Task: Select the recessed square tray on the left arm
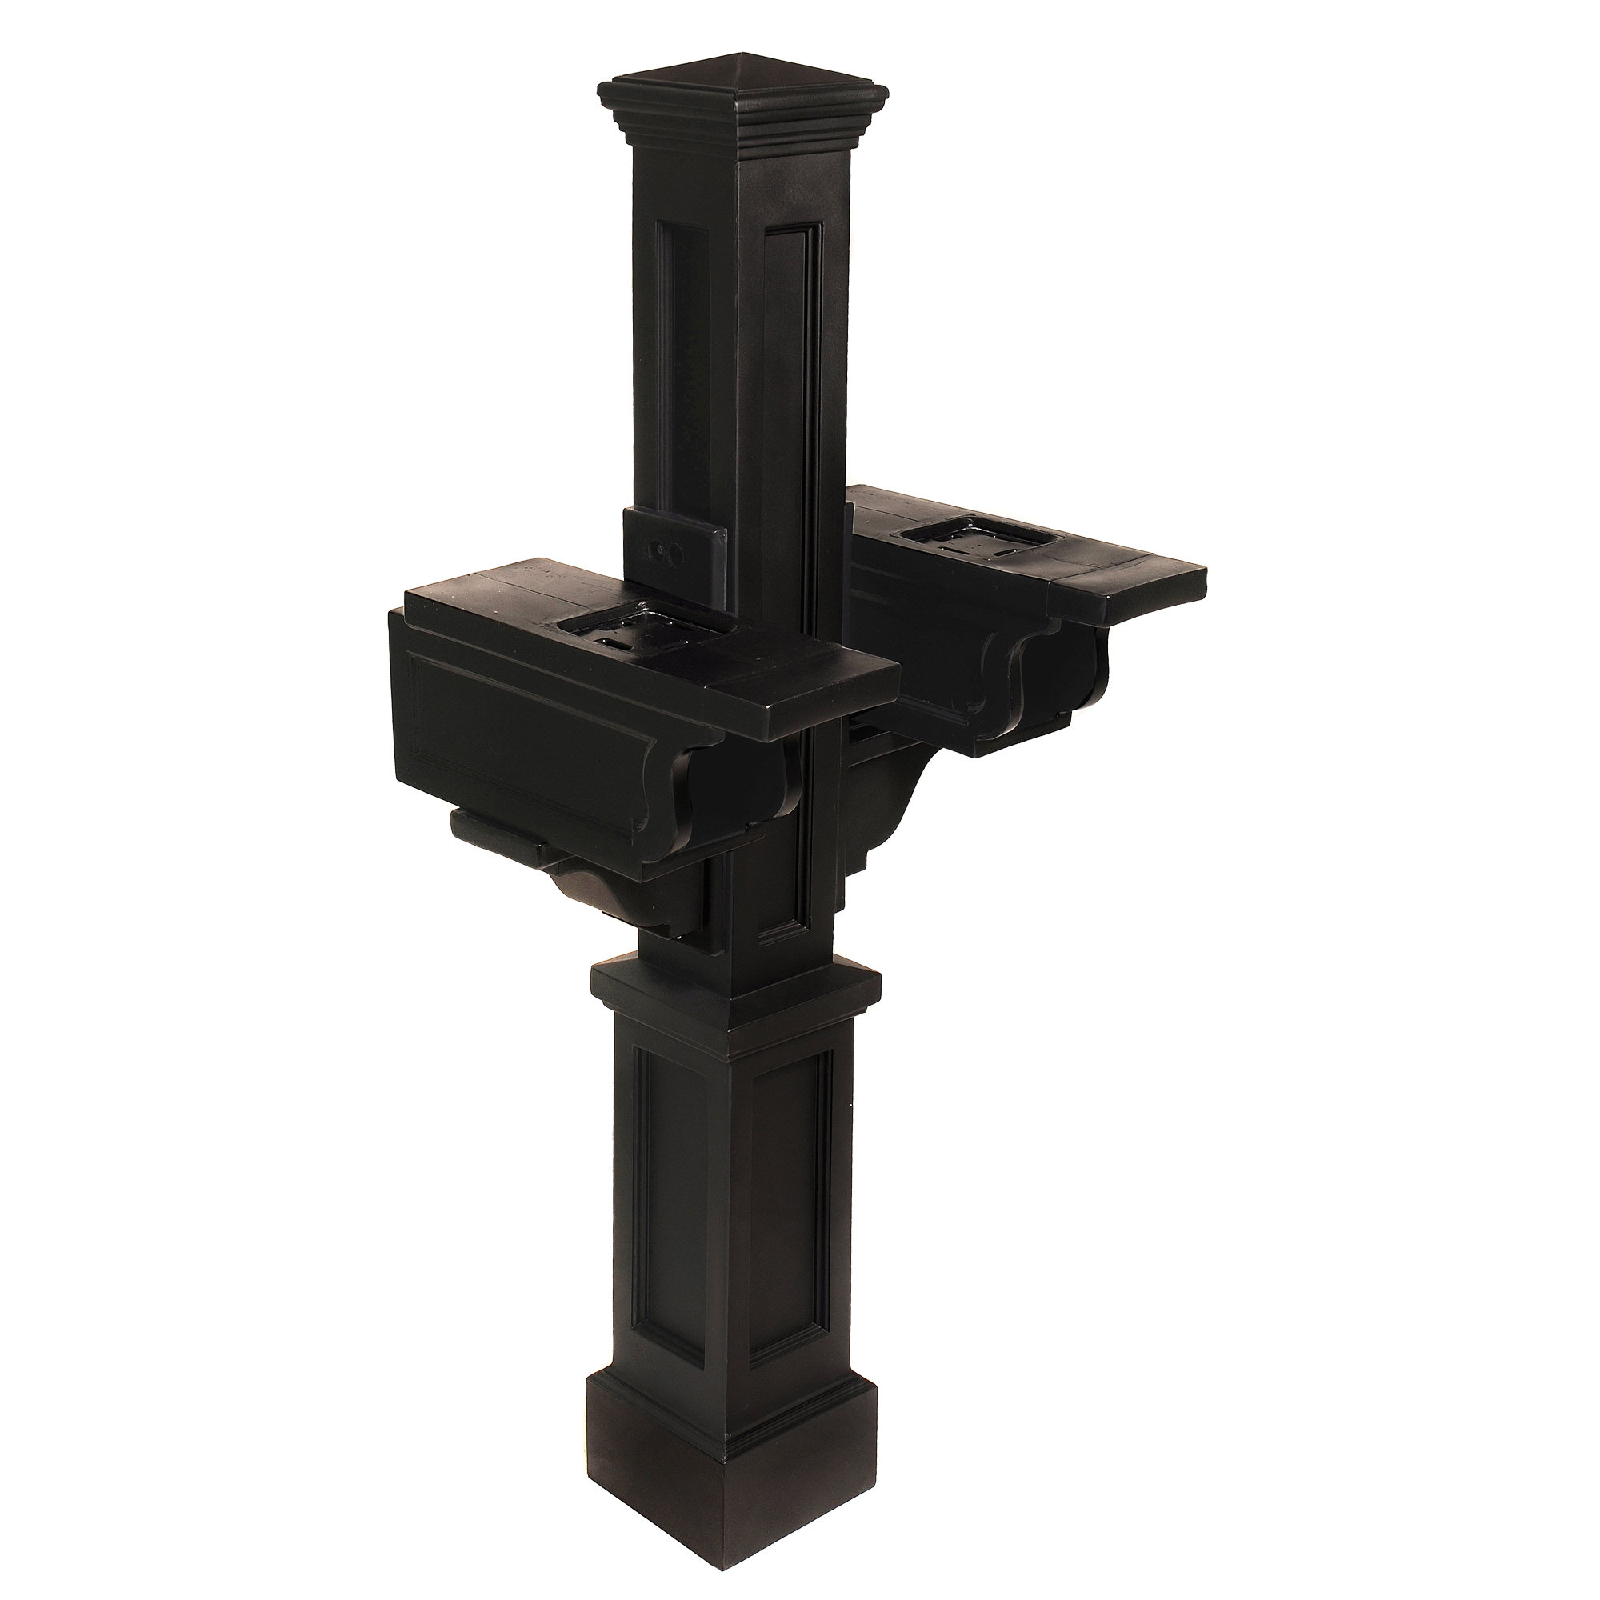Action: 613,634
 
